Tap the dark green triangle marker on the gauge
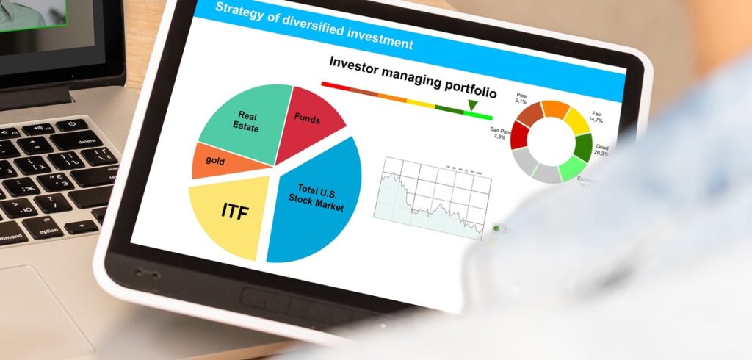(473, 106)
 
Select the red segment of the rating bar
(338, 84)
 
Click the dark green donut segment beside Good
(582, 147)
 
